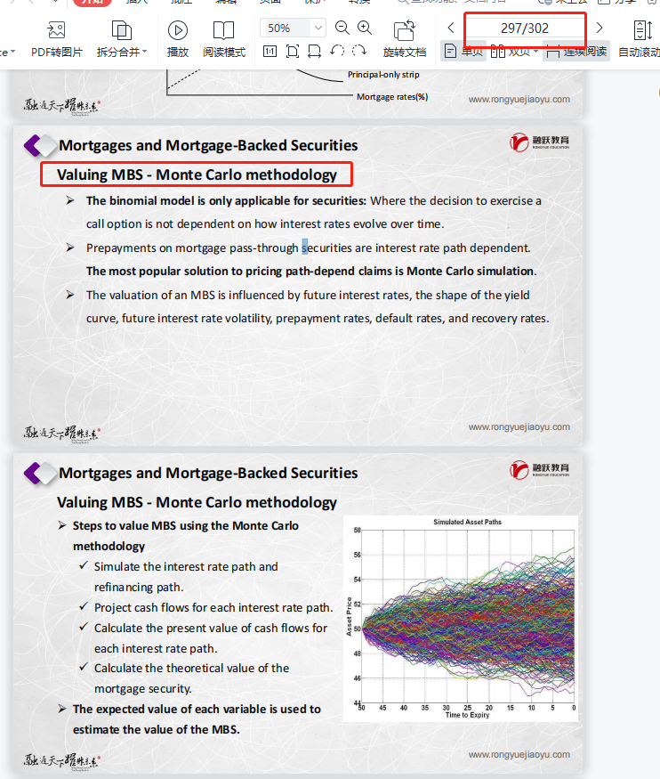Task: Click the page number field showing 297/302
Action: pyautogui.click(x=525, y=28)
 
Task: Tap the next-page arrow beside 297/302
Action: pyautogui.click(x=600, y=28)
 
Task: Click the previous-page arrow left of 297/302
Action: pyautogui.click(x=451, y=28)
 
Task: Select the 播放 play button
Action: pyautogui.click(x=178, y=38)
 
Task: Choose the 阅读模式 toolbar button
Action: pyautogui.click(x=224, y=38)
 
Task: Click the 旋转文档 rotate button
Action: pyautogui.click(x=405, y=38)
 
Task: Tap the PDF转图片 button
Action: pyautogui.click(x=57, y=38)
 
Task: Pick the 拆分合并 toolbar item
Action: pyautogui.click(x=122, y=38)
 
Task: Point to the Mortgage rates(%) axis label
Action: pyautogui.click(x=392, y=96)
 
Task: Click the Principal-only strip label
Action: pyautogui.click(x=383, y=75)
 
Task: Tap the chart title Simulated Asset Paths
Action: pyautogui.click(x=467, y=522)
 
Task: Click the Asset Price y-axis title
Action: pyautogui.click(x=349, y=616)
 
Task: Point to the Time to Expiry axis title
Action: pyautogui.click(x=468, y=716)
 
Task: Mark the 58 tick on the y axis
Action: pyautogui.click(x=357, y=531)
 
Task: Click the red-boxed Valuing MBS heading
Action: pyautogui.click(x=197, y=174)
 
